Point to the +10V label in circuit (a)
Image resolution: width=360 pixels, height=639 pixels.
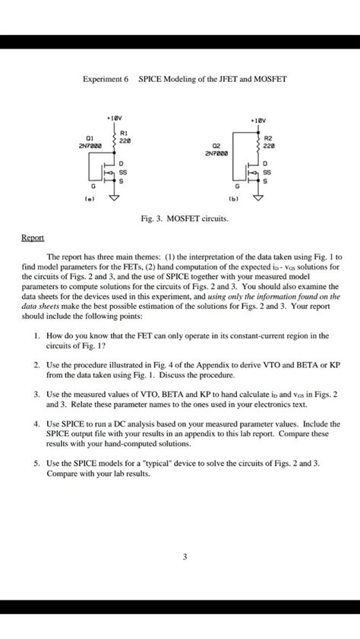tap(115, 118)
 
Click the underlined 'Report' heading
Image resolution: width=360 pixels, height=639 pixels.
tap(33, 238)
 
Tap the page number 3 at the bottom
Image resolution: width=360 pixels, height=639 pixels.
tap(184, 557)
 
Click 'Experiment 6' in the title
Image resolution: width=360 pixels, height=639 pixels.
tap(106, 79)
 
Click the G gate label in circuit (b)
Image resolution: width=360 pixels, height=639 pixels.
tap(236, 186)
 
